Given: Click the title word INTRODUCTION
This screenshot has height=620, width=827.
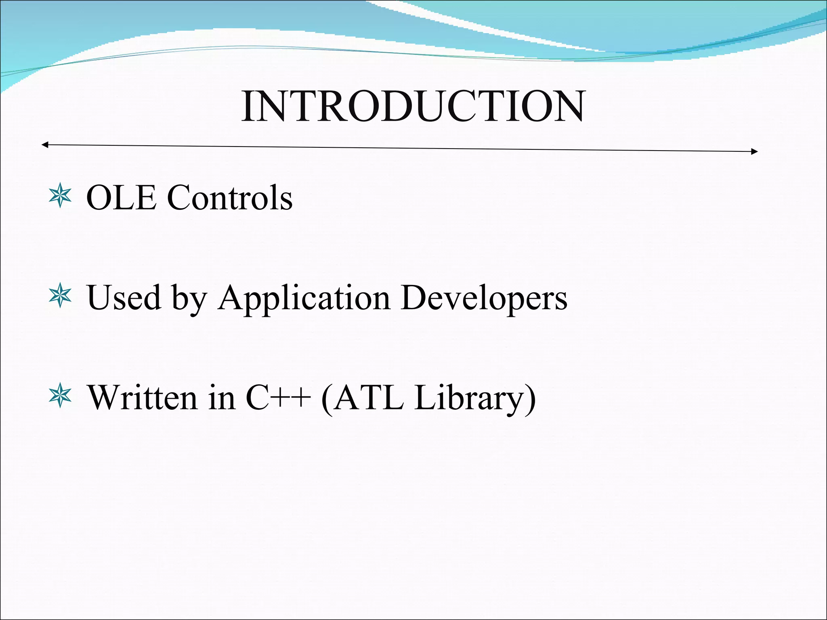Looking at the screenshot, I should point(413,106).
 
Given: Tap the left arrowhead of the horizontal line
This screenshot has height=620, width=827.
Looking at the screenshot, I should point(45,145).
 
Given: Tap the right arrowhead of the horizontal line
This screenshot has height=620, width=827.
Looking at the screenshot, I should point(754,151).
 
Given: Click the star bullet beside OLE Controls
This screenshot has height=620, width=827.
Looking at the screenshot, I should point(60,196).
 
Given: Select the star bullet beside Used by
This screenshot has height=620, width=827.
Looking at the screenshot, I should point(60,296).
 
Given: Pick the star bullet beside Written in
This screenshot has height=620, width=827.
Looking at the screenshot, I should point(60,396).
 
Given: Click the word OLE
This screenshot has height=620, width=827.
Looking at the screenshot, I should point(121,197).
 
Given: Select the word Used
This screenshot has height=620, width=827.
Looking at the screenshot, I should point(124,297).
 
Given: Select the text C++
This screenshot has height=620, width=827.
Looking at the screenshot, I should point(278,398).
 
